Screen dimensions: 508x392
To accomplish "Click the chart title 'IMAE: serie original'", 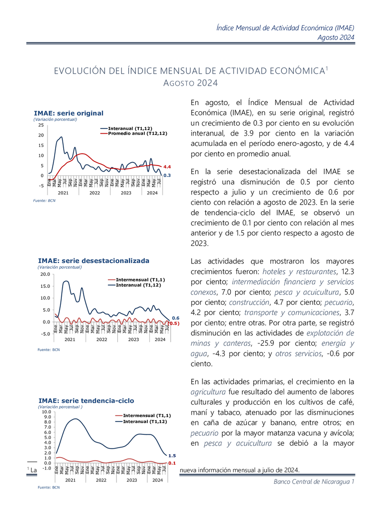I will point(68,113).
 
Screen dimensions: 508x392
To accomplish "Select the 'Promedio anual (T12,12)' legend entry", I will point(137,134).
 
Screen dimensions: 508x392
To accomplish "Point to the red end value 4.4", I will point(167,167).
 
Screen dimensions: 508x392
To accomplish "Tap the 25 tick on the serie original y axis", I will point(41,125).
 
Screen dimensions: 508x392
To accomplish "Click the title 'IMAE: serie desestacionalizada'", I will point(94,261).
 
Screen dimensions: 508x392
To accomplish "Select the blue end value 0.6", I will point(175,318).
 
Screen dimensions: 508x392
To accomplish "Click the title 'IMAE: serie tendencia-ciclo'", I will point(86,401).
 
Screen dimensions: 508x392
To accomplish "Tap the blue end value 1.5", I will point(172,456).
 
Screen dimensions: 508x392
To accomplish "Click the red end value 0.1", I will point(172,463).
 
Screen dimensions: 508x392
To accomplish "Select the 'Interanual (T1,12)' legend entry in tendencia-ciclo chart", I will point(144,421).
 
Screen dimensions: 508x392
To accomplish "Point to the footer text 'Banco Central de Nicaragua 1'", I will point(314,482).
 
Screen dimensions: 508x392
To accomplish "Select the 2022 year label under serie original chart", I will point(95,193).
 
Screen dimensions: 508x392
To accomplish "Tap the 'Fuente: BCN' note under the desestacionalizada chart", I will point(48,350).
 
